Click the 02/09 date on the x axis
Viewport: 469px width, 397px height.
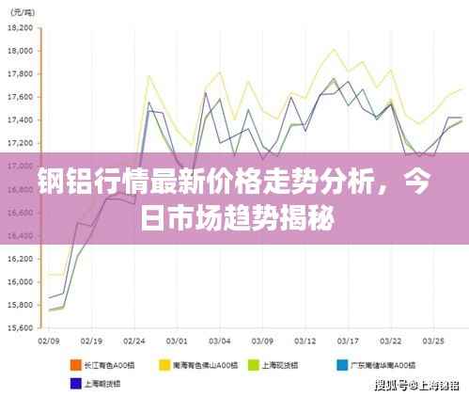(49, 341)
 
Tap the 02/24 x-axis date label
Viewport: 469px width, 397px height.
(135, 341)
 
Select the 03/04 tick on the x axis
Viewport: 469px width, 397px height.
(220, 341)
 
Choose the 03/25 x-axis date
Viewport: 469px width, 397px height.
(433, 341)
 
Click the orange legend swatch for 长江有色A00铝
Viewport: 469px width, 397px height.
(74, 363)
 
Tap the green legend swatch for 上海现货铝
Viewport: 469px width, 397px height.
(253, 363)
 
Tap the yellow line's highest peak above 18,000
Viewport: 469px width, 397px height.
(334, 49)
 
